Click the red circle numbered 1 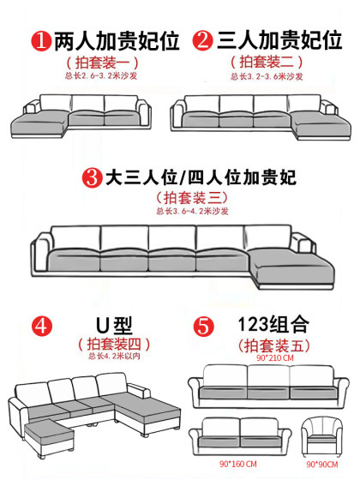coord(39,39)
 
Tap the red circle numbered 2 coord(203,39)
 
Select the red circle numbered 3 coord(92,179)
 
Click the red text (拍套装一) coord(95,63)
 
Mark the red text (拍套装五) coord(275,345)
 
